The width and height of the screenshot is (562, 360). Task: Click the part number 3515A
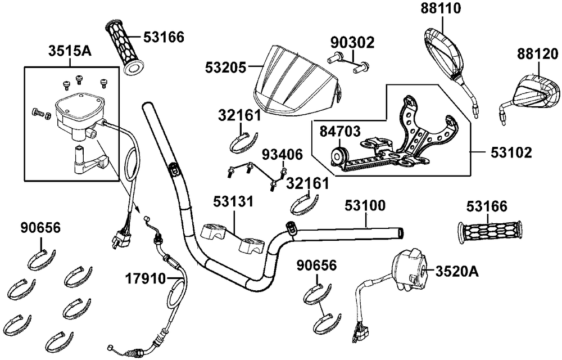tap(70, 51)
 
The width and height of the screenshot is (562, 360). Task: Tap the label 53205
tap(226, 67)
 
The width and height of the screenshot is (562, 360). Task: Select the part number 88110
tap(441, 8)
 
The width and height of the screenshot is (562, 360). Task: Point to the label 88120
tap(538, 54)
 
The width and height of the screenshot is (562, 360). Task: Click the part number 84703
tap(340, 132)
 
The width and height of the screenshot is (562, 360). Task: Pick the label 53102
tap(511, 153)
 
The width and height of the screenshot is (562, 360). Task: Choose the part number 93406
tap(283, 155)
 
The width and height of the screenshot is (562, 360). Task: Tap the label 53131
tap(233, 201)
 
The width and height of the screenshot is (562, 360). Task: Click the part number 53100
tap(365, 206)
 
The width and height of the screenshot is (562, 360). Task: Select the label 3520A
tap(457, 272)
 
